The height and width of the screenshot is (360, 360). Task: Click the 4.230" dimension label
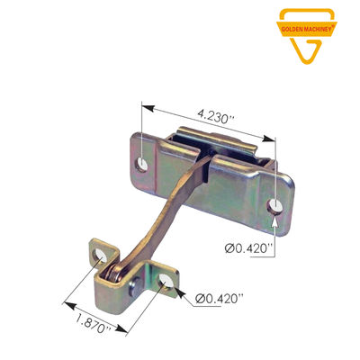215,117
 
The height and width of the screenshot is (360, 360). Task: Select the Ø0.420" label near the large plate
248,247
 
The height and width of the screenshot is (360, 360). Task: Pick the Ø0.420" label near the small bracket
219,298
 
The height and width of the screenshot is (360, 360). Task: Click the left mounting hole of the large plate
141,165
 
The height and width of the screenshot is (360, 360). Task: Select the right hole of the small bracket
166,281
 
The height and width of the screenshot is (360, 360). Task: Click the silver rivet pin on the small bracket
135,286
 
